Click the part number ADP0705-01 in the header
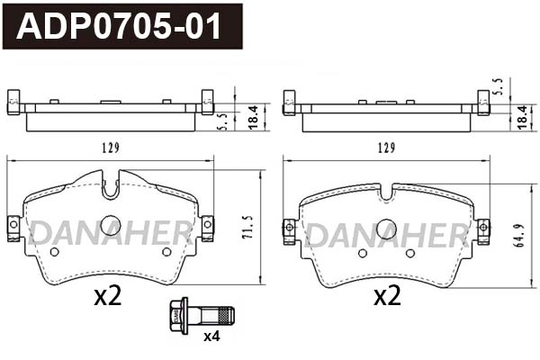[119, 27]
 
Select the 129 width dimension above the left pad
[111, 148]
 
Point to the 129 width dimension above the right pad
[386, 148]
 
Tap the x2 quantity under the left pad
[107, 296]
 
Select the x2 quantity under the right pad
[386, 296]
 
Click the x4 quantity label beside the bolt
[211, 337]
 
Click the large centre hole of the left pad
[111, 226]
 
